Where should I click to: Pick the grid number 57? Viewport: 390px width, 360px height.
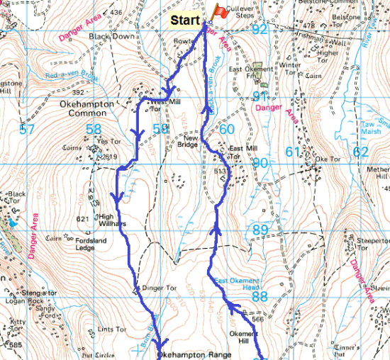click(28, 130)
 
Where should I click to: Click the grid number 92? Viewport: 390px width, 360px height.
click(260, 29)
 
